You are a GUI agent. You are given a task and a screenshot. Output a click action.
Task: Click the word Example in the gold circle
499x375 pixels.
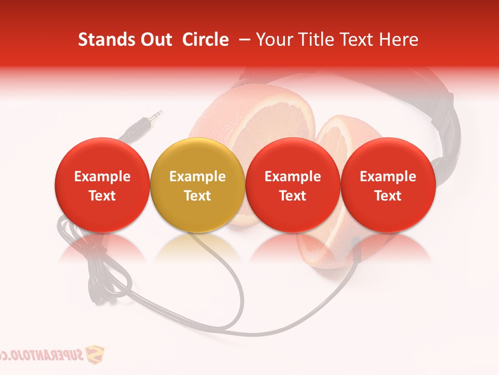tap(197, 177)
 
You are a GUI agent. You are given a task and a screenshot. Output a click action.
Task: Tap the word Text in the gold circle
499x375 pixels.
tap(197, 196)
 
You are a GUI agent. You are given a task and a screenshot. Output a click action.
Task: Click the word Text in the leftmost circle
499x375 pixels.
tap(102, 196)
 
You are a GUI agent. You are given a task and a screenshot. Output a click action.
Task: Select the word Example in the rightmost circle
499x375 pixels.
tap(388, 177)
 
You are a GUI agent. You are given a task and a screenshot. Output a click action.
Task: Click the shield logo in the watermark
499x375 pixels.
tap(94, 355)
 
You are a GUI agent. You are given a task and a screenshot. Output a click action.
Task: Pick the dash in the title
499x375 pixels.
tap(242, 40)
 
